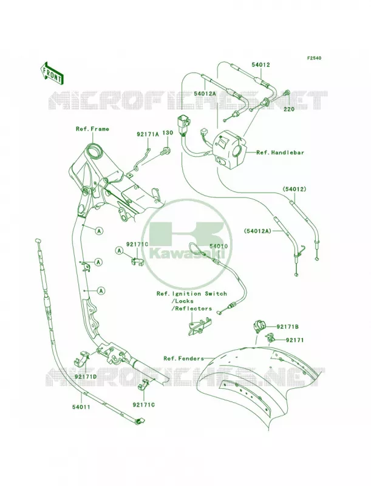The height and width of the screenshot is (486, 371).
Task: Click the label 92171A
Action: click(x=148, y=134)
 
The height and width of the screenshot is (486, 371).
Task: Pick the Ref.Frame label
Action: click(x=92, y=129)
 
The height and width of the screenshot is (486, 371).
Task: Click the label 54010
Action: click(x=219, y=246)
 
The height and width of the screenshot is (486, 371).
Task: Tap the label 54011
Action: click(x=81, y=406)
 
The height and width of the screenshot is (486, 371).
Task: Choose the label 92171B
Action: click(x=288, y=327)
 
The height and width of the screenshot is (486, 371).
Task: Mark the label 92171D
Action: click(x=86, y=376)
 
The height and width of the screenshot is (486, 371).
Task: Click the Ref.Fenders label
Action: click(x=184, y=358)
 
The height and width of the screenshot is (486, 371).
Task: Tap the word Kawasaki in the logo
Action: click(x=187, y=254)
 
